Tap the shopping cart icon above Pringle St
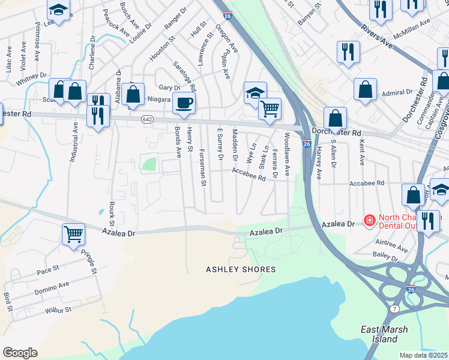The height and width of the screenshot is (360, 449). click(x=73, y=234)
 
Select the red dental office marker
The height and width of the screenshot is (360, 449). click(x=369, y=221)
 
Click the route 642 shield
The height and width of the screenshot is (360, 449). click(x=147, y=120)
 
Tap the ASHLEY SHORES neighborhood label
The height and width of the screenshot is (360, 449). click(x=241, y=269)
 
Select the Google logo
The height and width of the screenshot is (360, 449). click(x=20, y=353)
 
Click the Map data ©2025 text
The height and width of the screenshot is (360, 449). click(x=424, y=355)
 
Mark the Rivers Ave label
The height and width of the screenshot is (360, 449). click(x=376, y=37)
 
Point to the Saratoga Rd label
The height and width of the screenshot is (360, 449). click(x=184, y=75)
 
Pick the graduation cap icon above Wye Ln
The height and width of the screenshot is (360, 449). click(x=255, y=94)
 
